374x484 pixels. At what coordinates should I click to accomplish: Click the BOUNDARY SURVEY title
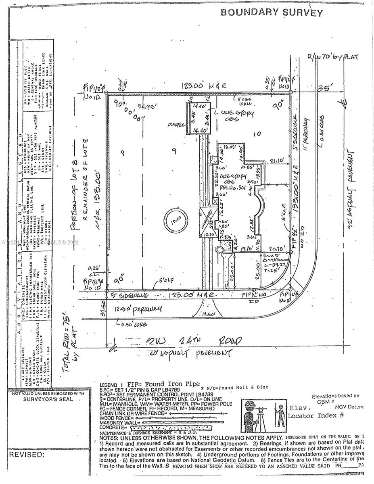(x=272, y=12)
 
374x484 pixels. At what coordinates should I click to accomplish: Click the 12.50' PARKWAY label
(x=138, y=309)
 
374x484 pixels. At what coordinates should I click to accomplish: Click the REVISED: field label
(x=27, y=455)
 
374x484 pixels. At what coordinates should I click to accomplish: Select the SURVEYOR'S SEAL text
(x=48, y=399)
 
